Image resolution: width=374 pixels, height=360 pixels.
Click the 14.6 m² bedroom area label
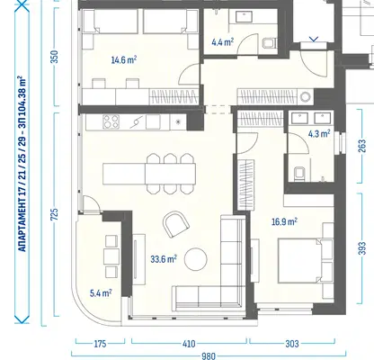point(124,60)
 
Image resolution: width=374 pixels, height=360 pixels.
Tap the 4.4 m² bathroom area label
point(222,42)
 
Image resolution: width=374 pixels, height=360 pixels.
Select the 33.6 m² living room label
point(164,259)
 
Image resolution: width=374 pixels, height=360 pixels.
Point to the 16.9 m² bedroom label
point(284,222)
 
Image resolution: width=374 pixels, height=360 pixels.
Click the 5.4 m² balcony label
point(101,292)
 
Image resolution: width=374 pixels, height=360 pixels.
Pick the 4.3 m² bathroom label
point(319,134)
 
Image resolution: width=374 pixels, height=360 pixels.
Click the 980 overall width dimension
point(209,356)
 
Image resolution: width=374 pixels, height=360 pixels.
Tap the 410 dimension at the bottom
point(189,344)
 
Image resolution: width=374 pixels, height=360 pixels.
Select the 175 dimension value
point(100,344)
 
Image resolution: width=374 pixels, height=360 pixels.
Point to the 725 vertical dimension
point(55,214)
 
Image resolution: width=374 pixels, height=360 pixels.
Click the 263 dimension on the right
point(362,146)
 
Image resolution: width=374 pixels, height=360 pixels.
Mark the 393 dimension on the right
point(362,248)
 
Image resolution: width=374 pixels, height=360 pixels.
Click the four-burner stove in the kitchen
point(111,122)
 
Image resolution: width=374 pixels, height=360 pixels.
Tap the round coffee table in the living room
point(196,259)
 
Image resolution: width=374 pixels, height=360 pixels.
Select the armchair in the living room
point(176,224)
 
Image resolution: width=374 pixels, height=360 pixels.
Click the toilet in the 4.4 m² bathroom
point(269,43)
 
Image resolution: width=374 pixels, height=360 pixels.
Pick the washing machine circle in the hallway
point(306,97)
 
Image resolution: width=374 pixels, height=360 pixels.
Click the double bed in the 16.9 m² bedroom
point(306,260)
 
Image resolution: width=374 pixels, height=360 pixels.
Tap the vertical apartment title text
point(22,164)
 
